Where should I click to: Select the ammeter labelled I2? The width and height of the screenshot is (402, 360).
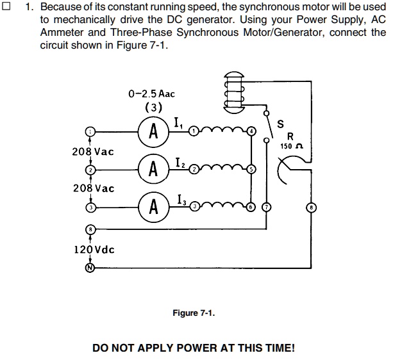pos(153,169)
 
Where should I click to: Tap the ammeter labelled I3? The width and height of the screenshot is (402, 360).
pos(153,207)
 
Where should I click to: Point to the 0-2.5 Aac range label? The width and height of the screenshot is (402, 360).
pos(151,94)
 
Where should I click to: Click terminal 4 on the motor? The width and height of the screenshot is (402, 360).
pos(251,131)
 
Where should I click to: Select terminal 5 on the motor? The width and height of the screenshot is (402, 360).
pos(251,169)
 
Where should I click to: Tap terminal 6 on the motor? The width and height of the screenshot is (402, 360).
pos(251,207)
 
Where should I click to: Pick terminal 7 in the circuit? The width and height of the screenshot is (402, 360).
pos(267,207)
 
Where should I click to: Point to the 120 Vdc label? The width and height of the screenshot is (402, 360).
pos(94,249)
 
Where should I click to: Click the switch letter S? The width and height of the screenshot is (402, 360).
pos(279,124)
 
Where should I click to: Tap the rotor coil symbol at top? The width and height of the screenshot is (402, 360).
pos(234,90)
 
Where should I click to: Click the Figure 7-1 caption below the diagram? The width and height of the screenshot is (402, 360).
pos(194,313)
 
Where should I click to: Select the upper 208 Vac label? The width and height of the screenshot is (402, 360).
pos(94,152)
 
